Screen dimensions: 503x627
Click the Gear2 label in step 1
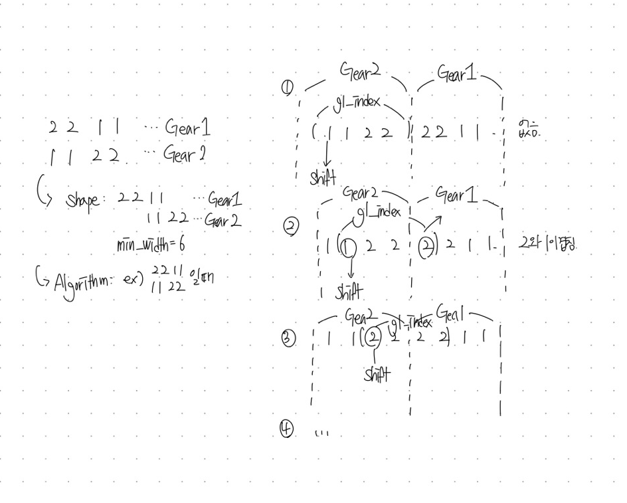(x=360, y=70)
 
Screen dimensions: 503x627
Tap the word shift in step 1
(x=323, y=178)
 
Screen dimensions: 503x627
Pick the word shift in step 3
(x=377, y=375)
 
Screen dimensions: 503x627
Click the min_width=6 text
(x=151, y=245)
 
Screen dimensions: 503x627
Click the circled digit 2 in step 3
(x=374, y=337)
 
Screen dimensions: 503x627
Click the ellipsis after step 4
(x=321, y=433)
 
